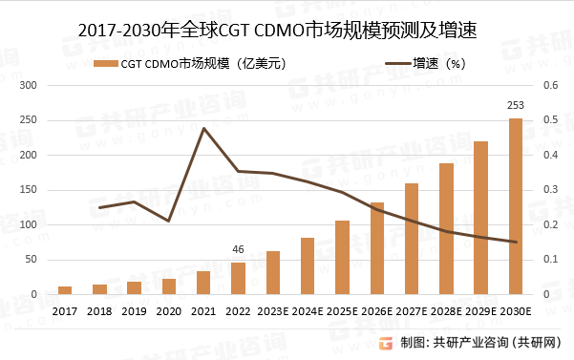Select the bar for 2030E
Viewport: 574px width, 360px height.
[516, 206]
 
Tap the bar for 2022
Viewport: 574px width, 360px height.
[238, 278]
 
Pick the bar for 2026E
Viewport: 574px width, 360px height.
[377, 248]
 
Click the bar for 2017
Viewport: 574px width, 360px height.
[65, 290]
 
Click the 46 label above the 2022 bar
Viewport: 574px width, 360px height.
[238, 250]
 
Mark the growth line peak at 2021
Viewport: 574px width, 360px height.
[203, 128]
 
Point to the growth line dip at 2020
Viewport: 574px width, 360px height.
[169, 222]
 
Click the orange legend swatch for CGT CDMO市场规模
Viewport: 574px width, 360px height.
[106, 64]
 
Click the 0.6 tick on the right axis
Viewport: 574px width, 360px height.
[549, 85]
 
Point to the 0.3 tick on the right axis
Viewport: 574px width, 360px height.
[549, 190]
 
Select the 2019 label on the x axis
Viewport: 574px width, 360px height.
[135, 311]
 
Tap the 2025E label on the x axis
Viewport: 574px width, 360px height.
[343, 311]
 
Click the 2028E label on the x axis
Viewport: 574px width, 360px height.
[447, 311]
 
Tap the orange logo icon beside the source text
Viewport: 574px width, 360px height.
[385, 342]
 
